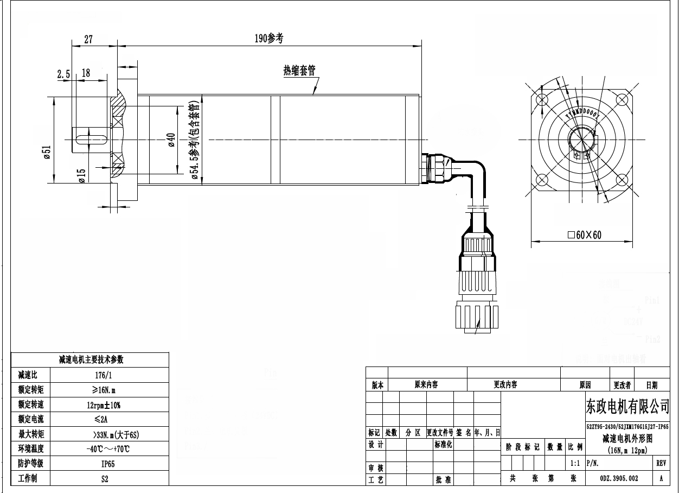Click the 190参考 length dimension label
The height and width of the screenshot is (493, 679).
[270, 38]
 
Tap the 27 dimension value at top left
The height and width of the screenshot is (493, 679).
[88, 39]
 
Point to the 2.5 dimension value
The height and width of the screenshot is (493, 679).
[63, 74]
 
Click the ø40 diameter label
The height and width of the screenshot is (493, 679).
[170, 140]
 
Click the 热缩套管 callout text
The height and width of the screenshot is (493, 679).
[299, 71]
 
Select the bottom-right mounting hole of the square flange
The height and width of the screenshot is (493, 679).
[622, 180]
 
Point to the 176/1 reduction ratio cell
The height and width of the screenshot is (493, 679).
[109, 375]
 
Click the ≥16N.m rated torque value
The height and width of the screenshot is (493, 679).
[109, 389]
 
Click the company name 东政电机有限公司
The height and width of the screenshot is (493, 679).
[627, 406]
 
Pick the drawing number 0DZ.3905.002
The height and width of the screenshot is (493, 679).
[619, 479]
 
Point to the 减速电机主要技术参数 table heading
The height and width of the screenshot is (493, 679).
[91, 359]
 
